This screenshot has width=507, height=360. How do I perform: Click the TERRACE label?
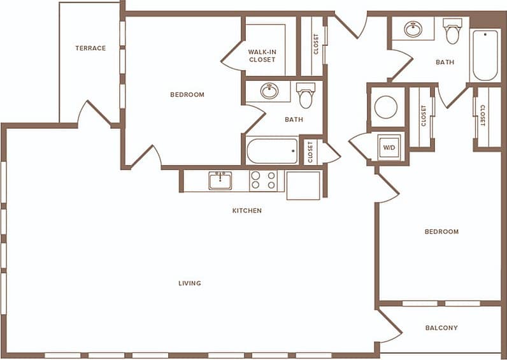pyautogui.click(x=90, y=48)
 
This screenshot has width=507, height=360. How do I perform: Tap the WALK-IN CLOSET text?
pyautogui.click(x=262, y=55)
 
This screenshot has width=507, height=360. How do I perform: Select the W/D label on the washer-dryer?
pyautogui.click(x=388, y=148)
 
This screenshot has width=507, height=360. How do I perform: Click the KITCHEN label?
pyautogui.click(x=247, y=210)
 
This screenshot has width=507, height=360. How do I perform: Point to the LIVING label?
pyautogui.click(x=190, y=283)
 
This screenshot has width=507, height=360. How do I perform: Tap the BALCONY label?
pyautogui.click(x=441, y=328)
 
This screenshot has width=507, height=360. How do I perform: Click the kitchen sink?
pyautogui.click(x=220, y=180)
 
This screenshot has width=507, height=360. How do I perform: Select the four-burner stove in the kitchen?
pyautogui.click(x=263, y=180)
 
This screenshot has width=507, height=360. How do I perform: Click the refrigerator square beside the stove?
pyautogui.click(x=303, y=185)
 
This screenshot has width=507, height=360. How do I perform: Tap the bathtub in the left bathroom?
pyautogui.click(x=272, y=151)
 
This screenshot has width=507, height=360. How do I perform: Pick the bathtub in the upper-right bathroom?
pyautogui.click(x=485, y=55)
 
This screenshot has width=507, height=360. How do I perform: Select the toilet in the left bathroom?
pyautogui.click(x=306, y=96)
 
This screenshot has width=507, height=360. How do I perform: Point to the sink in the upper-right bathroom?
pyautogui.click(x=413, y=29)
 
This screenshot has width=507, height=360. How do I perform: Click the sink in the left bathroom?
pyautogui.click(x=269, y=91)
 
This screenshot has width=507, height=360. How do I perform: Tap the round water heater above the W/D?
pyautogui.click(x=386, y=106)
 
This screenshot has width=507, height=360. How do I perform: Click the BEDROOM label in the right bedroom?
pyautogui.click(x=441, y=232)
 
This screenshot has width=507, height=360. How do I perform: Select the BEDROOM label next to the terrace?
pyautogui.click(x=187, y=95)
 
